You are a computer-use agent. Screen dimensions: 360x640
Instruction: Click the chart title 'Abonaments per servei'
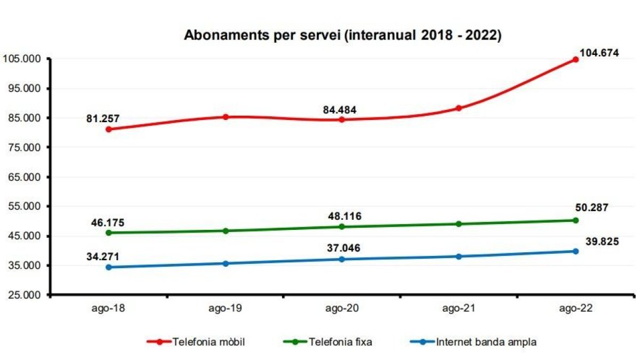click(x=342, y=36)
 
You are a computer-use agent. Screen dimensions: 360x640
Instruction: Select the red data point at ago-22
click(x=575, y=59)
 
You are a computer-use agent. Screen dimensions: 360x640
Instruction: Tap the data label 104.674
click(x=599, y=53)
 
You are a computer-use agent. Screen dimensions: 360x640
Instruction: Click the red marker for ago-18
click(x=109, y=129)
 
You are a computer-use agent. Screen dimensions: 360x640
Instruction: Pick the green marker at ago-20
click(x=342, y=227)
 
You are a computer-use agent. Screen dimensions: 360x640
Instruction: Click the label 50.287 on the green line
click(x=592, y=207)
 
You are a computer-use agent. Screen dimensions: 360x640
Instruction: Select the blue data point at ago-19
click(x=226, y=263)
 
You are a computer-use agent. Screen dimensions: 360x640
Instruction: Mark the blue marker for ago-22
click(x=575, y=251)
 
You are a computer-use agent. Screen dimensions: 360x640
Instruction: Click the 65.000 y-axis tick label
click(x=23, y=177)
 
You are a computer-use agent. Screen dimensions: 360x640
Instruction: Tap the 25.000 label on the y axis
click(x=23, y=295)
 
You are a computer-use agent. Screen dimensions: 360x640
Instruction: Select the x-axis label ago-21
click(x=459, y=309)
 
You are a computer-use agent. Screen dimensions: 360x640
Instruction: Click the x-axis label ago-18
click(x=109, y=309)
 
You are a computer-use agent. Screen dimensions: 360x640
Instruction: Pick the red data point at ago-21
click(x=459, y=108)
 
